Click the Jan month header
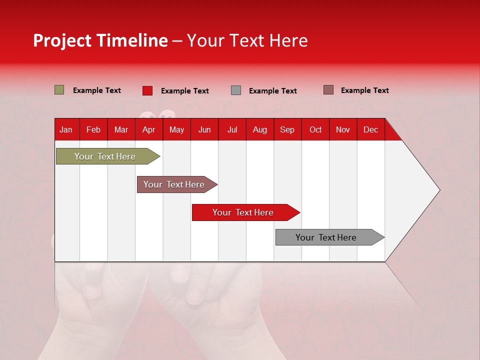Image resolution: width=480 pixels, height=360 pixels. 66,129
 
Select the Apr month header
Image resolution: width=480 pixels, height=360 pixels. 148,129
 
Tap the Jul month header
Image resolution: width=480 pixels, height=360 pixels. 232,129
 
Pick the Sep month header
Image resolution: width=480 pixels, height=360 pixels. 287,129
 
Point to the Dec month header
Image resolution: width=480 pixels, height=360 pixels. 370,129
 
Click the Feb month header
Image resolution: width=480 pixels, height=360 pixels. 93,129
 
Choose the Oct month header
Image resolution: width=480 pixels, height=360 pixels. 315,129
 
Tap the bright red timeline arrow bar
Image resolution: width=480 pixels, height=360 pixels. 243,212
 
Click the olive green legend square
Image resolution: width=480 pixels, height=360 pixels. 59,90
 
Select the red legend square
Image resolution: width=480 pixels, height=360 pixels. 147,90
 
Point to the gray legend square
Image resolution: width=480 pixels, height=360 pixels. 236,90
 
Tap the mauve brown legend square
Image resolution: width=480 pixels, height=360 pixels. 328,90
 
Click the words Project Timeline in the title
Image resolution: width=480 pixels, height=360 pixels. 100,40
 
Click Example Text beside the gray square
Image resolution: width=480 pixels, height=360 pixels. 272,91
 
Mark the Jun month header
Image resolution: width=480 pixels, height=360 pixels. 204,129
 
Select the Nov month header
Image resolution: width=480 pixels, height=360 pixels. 343,129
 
